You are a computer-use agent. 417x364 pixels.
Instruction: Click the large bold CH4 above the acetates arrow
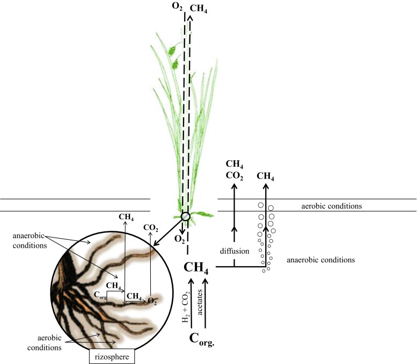[x=196, y=267]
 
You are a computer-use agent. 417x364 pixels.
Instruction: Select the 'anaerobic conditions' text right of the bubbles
[x=321, y=259]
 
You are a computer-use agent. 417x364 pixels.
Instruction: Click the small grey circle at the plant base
[x=185, y=217]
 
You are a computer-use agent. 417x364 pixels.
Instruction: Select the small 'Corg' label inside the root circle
[x=99, y=295]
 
